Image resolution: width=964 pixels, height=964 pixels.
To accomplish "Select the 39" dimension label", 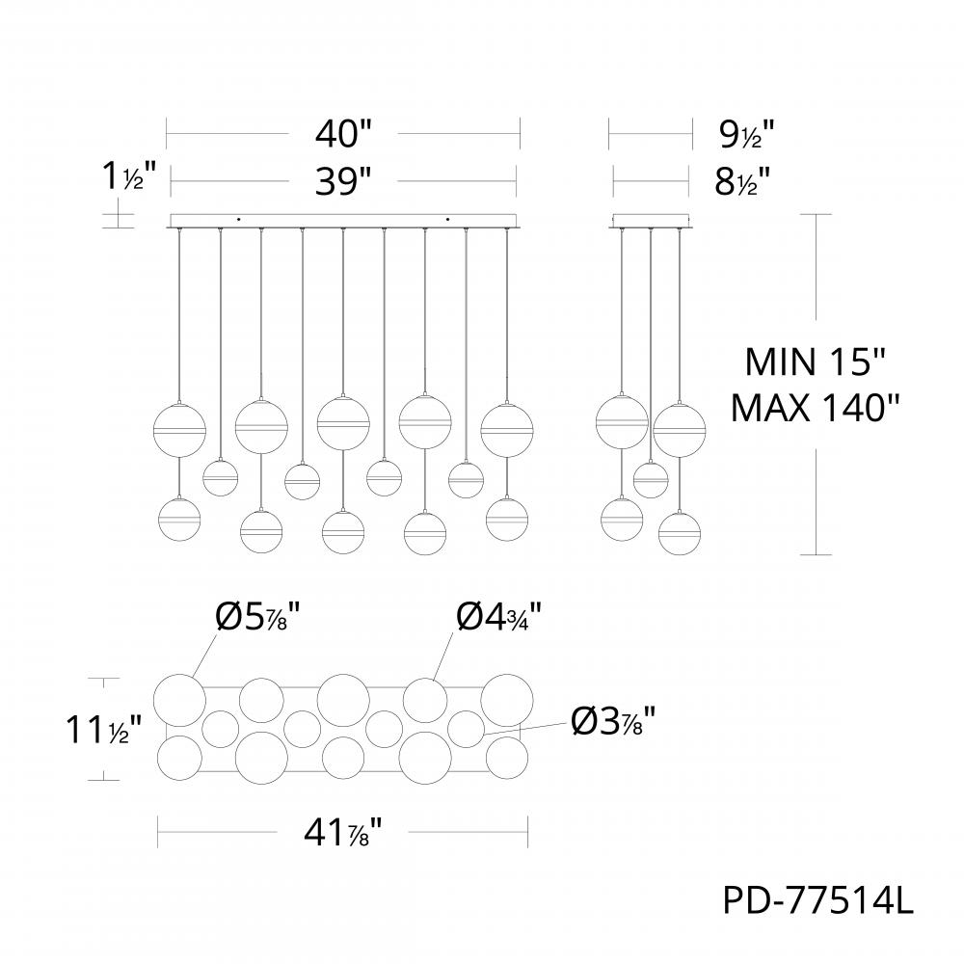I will click(342, 180).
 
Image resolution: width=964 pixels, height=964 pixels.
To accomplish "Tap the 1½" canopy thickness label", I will click(122, 176).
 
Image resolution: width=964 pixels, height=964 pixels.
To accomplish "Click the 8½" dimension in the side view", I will click(741, 180).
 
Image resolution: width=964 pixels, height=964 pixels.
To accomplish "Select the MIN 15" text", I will click(816, 363).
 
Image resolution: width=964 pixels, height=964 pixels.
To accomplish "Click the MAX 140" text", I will click(816, 408).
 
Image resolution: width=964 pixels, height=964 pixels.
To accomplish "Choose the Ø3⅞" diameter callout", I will click(613, 720).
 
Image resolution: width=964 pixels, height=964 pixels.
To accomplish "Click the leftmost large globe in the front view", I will click(179, 427).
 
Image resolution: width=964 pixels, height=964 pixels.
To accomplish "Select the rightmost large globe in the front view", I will click(507, 427).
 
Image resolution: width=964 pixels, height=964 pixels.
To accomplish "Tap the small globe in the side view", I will click(651, 479).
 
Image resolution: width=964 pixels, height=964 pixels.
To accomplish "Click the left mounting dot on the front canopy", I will click(240, 218).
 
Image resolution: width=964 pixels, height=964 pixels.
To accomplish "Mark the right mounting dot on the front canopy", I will click(447, 218).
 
